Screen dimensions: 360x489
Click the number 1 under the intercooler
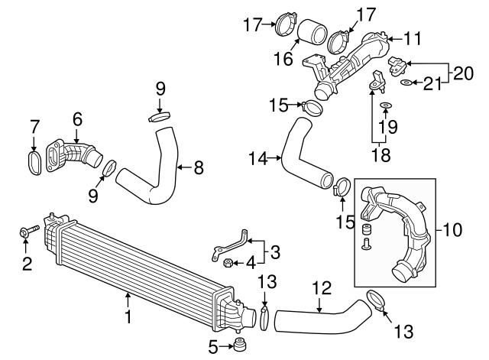click(128, 314)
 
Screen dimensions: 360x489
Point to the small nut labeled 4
click(228, 264)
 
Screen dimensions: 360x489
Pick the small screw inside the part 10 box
click(364, 244)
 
